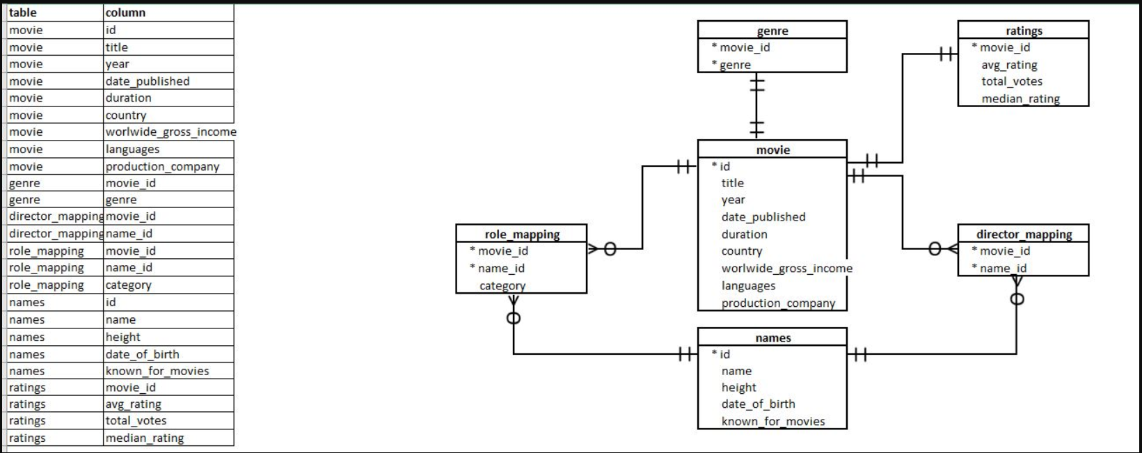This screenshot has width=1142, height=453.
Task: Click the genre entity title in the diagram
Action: click(772, 31)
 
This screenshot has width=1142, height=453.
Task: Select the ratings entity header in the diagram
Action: click(1023, 31)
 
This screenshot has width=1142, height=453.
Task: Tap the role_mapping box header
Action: click(522, 235)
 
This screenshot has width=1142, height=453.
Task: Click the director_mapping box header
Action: click(1024, 235)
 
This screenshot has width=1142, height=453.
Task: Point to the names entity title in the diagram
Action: click(772, 337)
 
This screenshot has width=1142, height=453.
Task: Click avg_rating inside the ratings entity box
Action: click(1009, 65)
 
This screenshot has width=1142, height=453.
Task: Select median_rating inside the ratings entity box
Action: click(1020, 99)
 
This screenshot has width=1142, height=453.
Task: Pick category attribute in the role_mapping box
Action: click(502, 285)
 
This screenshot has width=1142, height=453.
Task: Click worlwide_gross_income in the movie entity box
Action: click(786, 269)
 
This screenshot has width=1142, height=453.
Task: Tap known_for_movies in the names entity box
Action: click(773, 421)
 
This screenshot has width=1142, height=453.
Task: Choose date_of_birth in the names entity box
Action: click(758, 404)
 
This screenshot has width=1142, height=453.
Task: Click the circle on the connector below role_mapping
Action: click(514, 318)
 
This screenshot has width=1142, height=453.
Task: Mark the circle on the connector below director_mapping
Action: click(1017, 299)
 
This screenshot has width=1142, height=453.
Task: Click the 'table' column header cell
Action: click(54, 13)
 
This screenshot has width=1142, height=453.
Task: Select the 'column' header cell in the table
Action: click(168, 13)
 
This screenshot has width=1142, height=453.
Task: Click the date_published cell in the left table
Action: click(168, 81)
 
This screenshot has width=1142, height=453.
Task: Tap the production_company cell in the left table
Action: click(168, 166)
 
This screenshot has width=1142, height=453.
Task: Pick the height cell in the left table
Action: click(168, 337)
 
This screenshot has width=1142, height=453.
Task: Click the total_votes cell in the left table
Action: click(168, 421)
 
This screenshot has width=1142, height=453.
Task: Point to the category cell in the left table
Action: click(168, 285)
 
